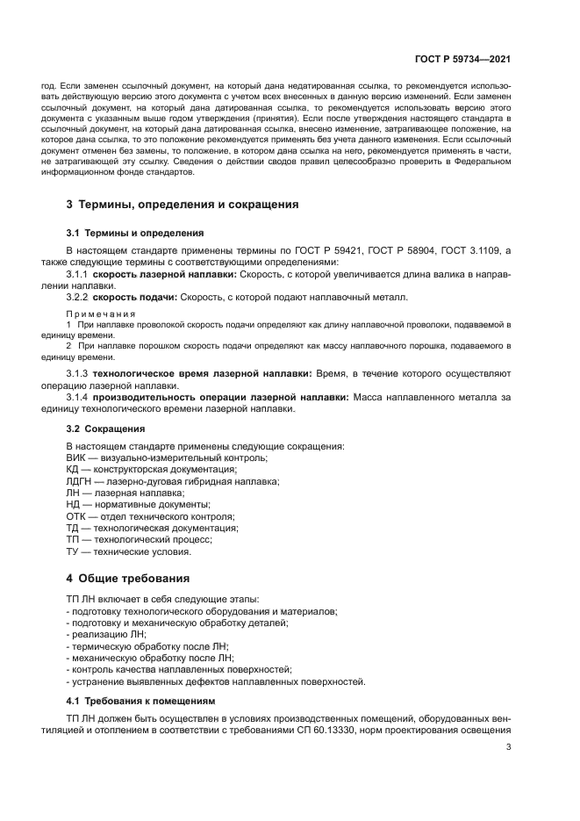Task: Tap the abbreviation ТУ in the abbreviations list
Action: coord(74,551)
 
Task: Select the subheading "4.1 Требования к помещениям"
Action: coord(140,701)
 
